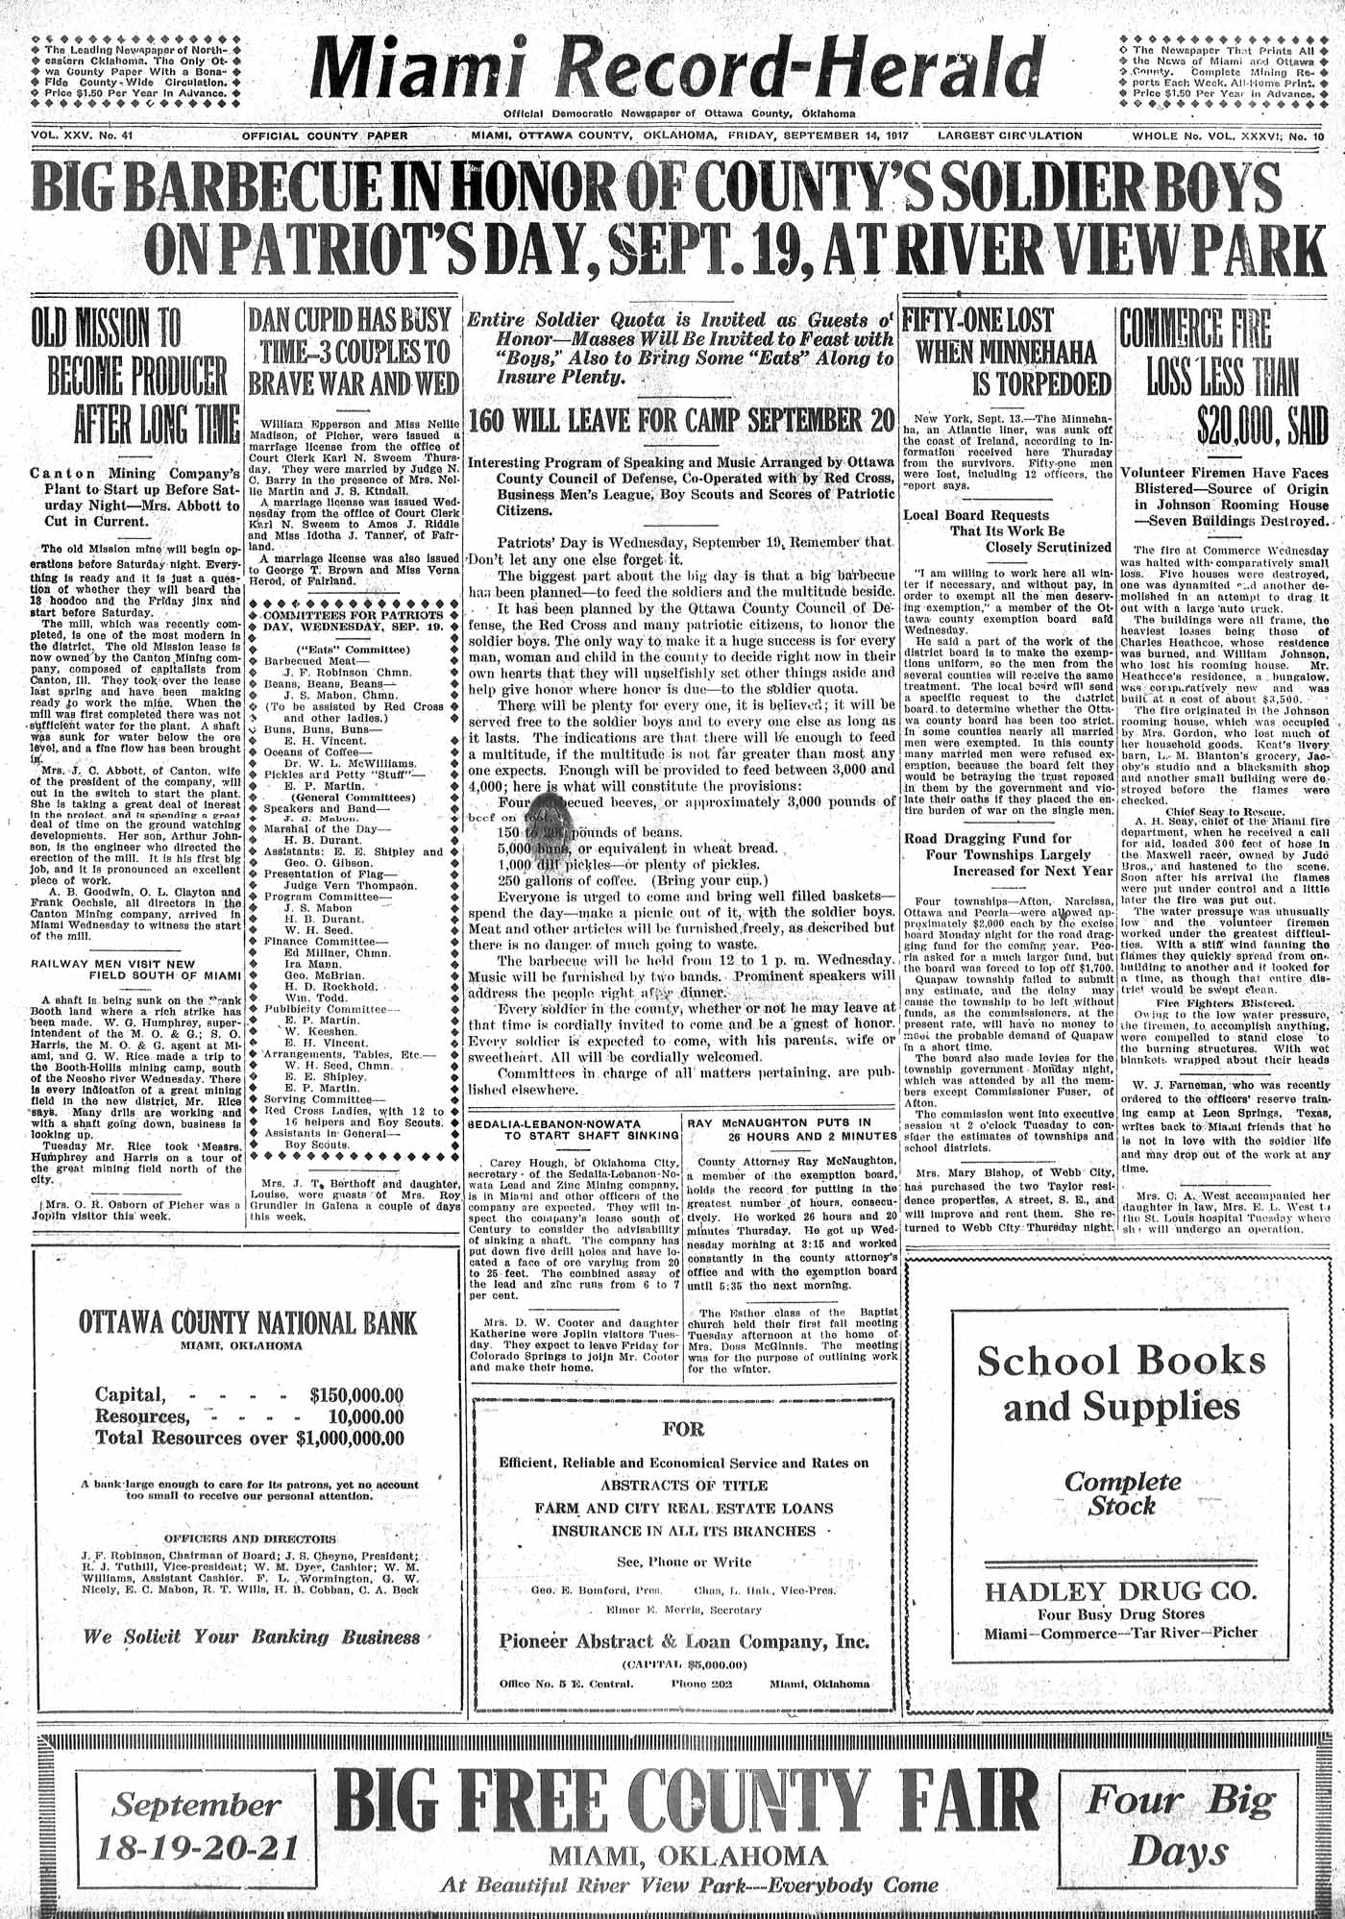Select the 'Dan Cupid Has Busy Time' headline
point(353,353)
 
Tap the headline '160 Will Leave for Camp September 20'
point(681,420)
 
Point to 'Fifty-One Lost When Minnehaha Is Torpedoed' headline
point(1007,353)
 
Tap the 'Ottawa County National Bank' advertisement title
point(248,1323)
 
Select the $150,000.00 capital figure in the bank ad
point(356,1395)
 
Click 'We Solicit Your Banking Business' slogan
point(251,1636)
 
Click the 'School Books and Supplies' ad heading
point(1120,1385)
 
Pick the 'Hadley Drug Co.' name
point(1120,1590)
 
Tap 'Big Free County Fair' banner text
point(687,1803)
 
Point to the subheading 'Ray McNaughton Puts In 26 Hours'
point(792,1128)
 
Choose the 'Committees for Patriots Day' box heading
point(353,620)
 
